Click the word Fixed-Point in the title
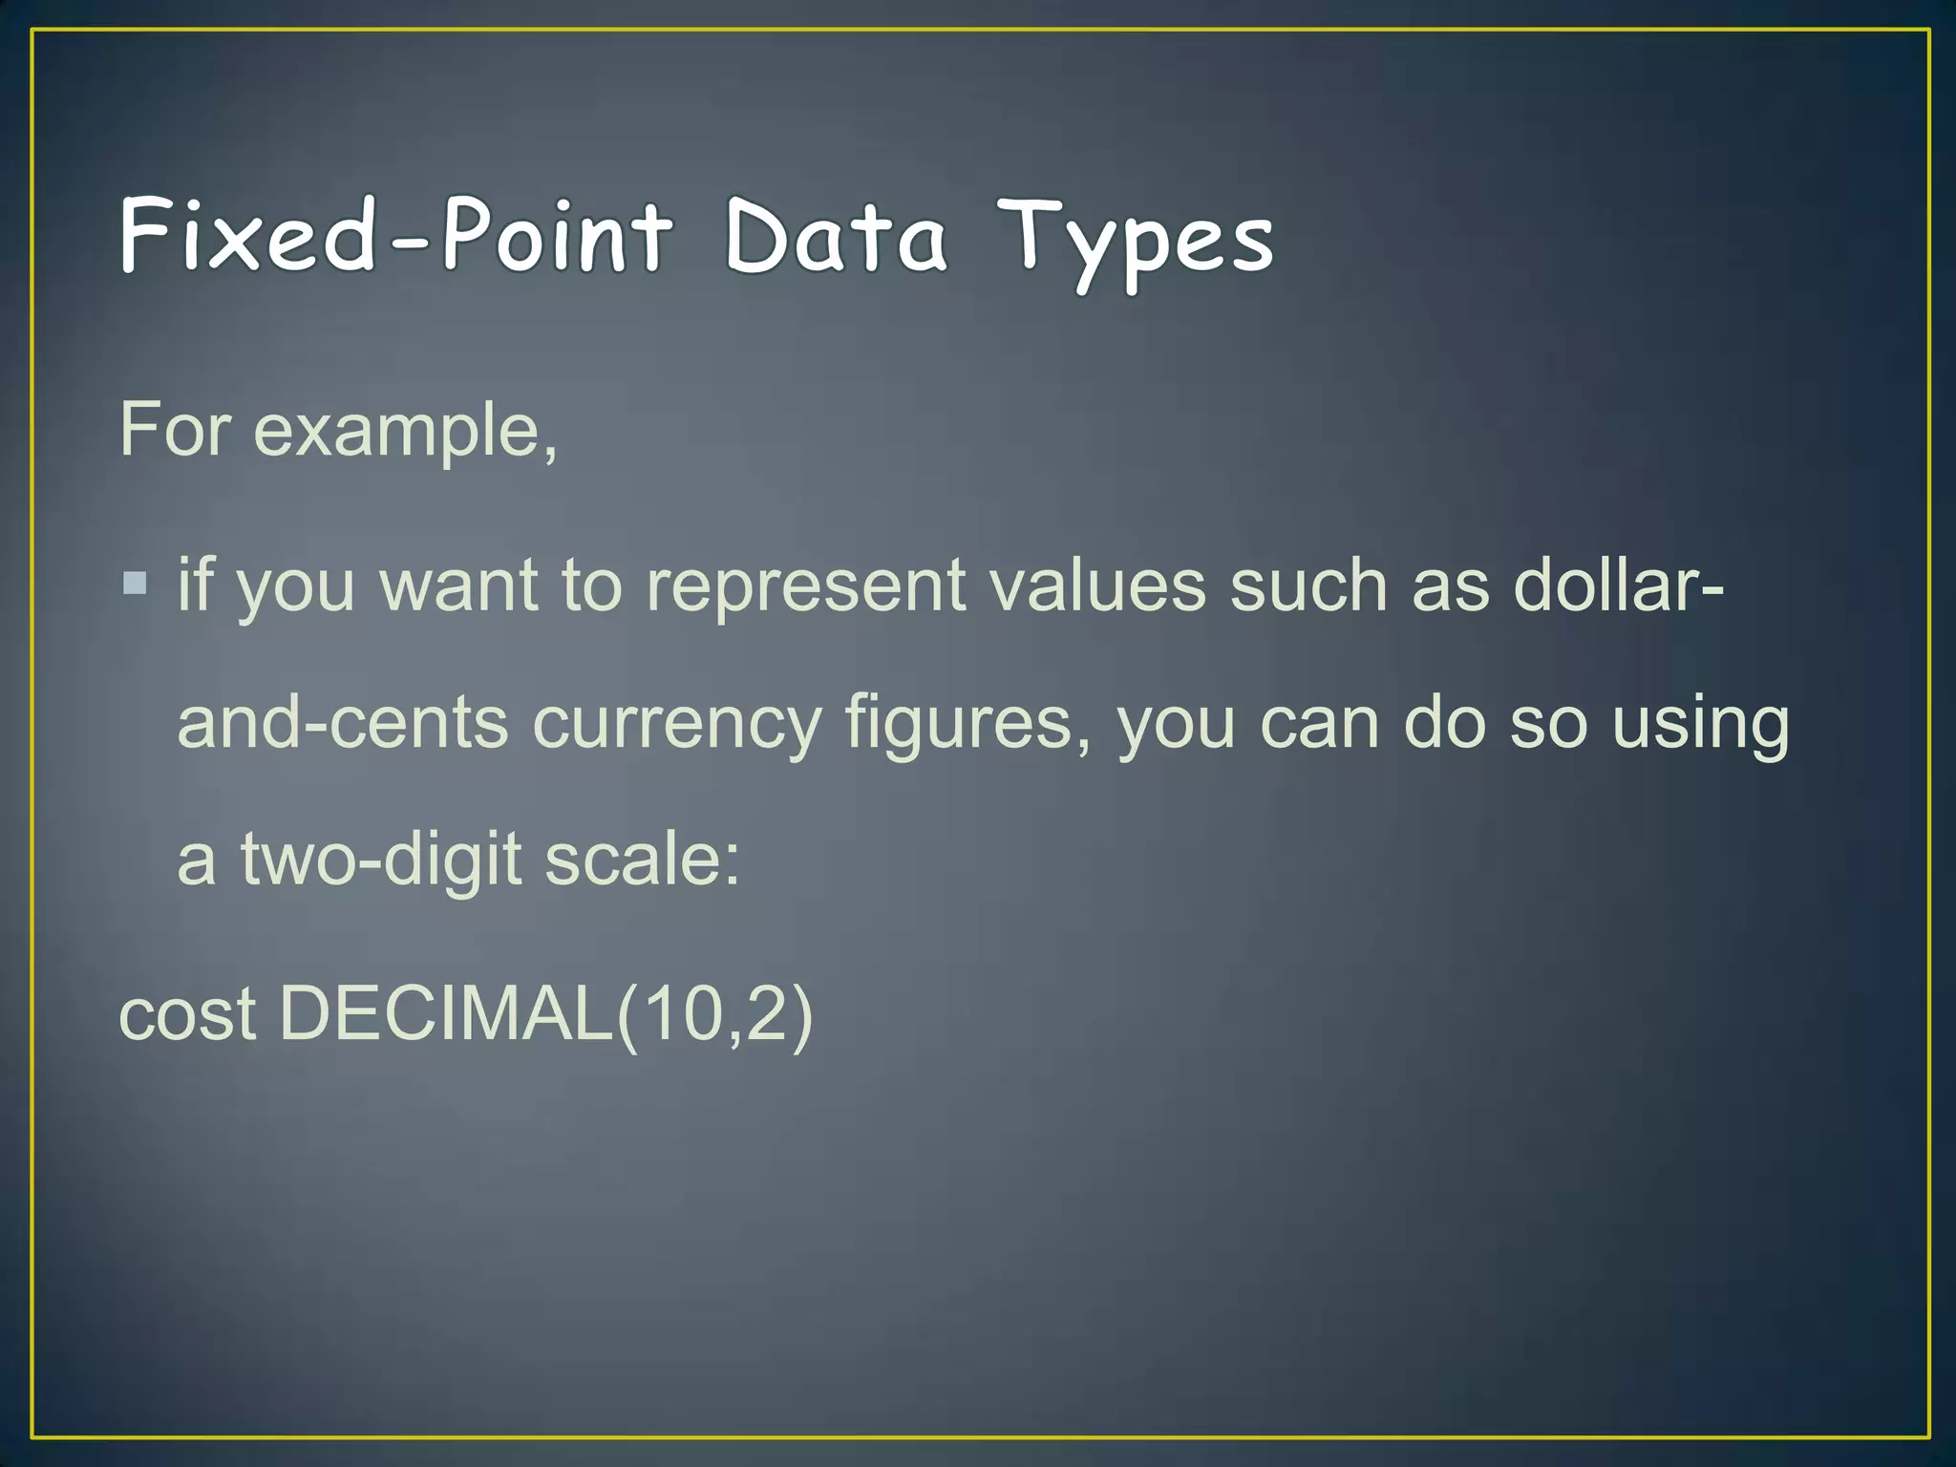tap(396, 236)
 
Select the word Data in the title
tap(836, 236)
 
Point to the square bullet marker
tap(136, 582)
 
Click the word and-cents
tap(343, 723)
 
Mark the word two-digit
tap(381, 860)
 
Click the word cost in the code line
tap(187, 1014)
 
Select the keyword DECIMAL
tap(447, 1014)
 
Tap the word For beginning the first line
tap(175, 432)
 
